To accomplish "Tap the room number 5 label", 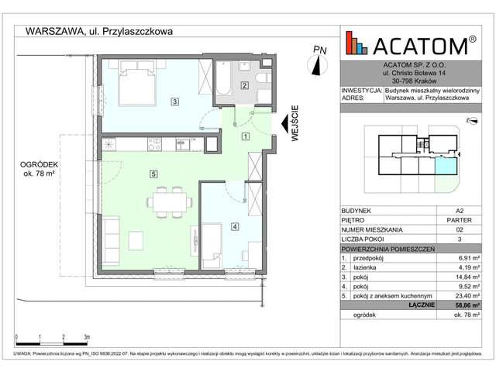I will pos(154,174).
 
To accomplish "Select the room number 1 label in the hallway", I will pos(246,136).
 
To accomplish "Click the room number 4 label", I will pos(235,226).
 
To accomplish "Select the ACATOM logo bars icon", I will pos(357,43).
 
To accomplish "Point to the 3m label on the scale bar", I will pos(87,337).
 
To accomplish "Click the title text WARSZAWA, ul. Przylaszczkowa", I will pos(99,32).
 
